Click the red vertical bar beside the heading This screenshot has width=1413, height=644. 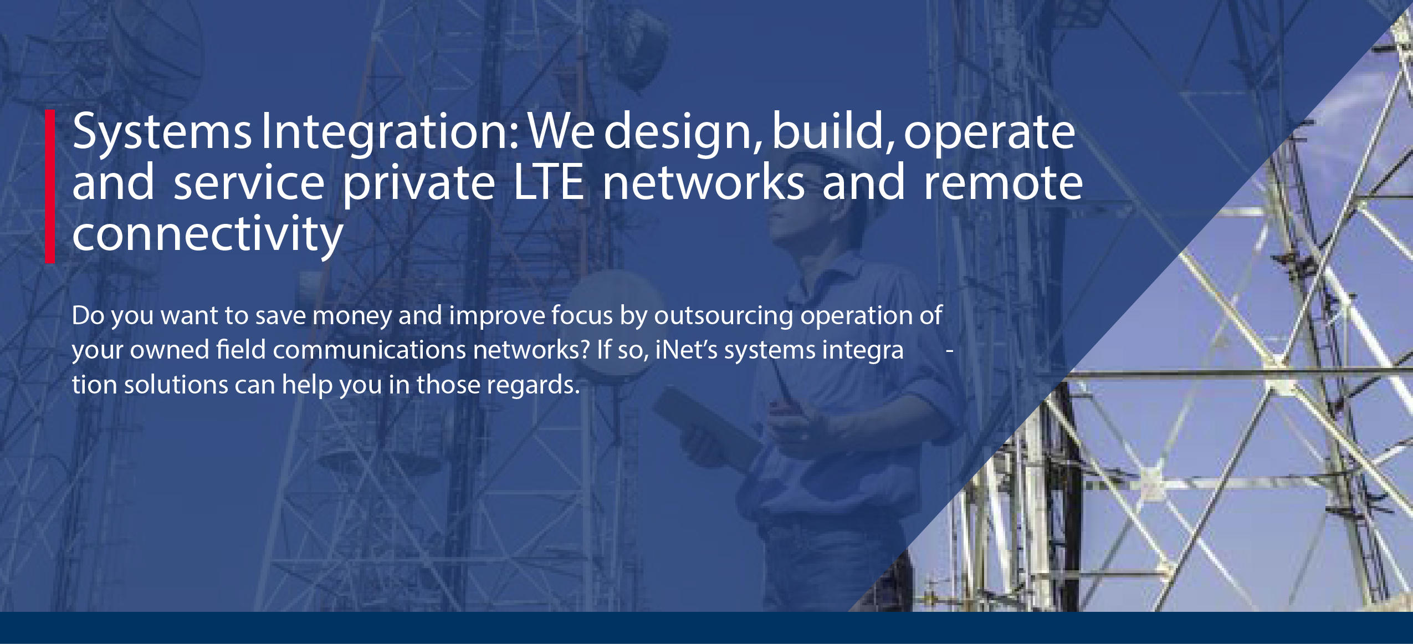click(x=50, y=186)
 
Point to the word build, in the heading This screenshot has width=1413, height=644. click(x=833, y=133)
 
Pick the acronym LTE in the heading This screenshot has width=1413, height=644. click(x=549, y=182)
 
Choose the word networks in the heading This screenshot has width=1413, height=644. click(x=704, y=181)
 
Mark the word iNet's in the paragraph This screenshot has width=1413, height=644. click(x=687, y=350)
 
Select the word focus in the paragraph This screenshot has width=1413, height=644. click(x=581, y=315)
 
